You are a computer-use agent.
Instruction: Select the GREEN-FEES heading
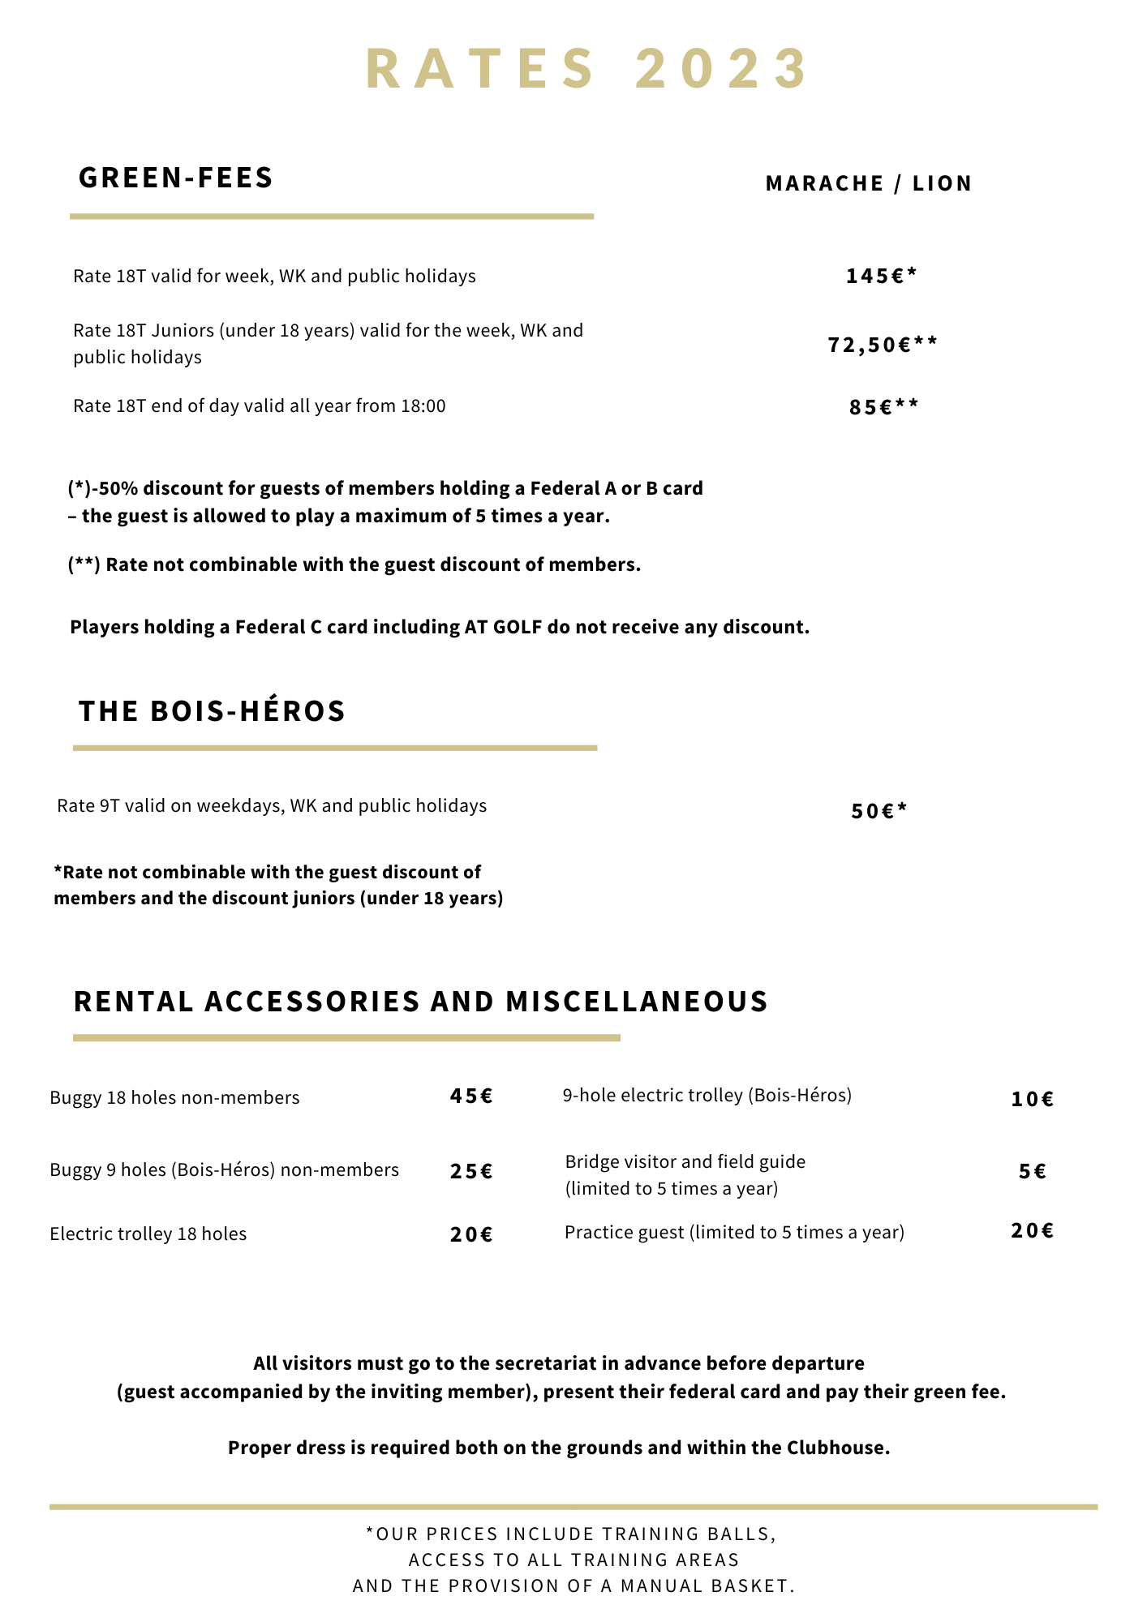(x=176, y=178)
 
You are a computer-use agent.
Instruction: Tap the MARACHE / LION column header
(x=869, y=183)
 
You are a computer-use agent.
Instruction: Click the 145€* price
(x=881, y=277)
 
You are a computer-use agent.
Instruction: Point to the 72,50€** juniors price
(x=883, y=345)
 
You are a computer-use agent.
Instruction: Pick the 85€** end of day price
(x=884, y=407)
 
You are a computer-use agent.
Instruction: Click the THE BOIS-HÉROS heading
(x=213, y=711)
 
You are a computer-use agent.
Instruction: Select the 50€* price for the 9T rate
(x=879, y=811)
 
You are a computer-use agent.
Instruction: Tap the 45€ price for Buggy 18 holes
(x=471, y=1096)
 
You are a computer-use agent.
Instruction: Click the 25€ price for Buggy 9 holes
(x=471, y=1171)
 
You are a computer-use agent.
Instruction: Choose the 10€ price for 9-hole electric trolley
(x=1033, y=1100)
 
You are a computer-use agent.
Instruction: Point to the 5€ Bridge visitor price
(x=1033, y=1171)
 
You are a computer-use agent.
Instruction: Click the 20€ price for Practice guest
(x=1033, y=1231)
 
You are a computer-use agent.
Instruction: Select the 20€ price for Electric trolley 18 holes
(x=471, y=1234)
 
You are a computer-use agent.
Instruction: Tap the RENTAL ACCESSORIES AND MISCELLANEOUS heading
(x=421, y=1002)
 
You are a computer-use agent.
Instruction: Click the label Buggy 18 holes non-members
(x=174, y=1098)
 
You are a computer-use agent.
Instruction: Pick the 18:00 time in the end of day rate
(x=423, y=406)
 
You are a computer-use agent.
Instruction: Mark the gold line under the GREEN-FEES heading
(x=332, y=217)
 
